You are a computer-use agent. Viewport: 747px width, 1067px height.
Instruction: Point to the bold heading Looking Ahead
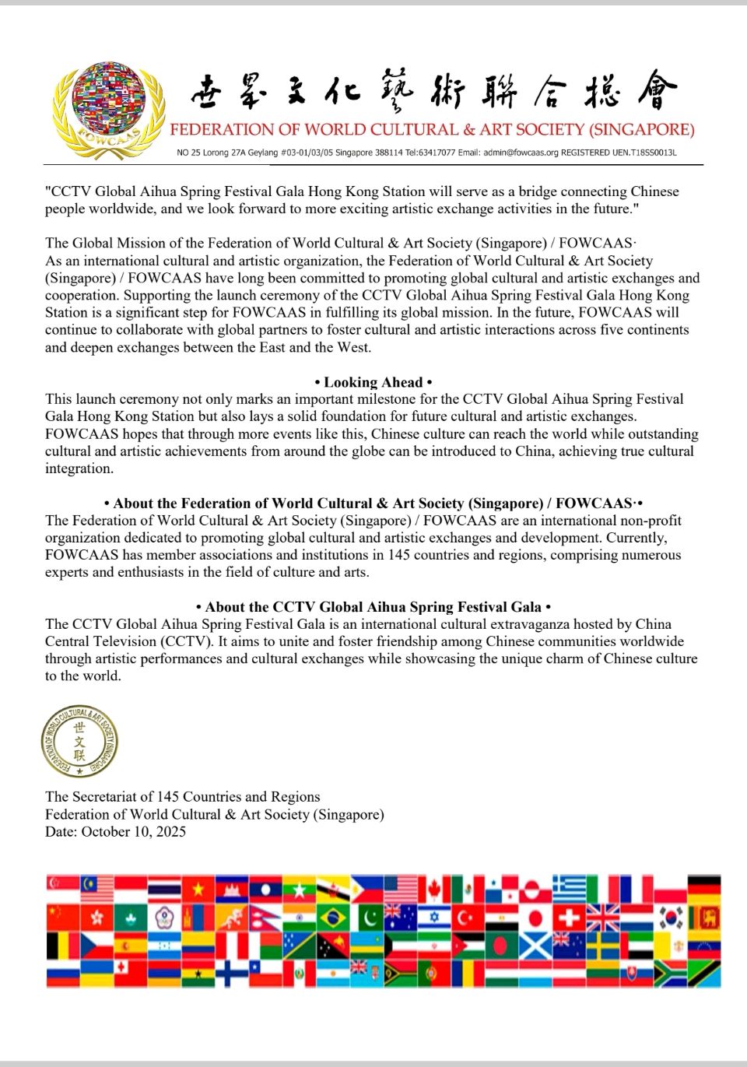tap(373, 382)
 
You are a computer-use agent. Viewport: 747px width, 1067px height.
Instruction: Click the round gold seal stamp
tap(79, 742)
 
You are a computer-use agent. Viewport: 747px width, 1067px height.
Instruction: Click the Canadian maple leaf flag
tap(434, 888)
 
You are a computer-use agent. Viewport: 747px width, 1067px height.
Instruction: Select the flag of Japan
tap(535, 918)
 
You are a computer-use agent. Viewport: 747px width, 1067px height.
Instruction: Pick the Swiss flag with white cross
tap(569, 918)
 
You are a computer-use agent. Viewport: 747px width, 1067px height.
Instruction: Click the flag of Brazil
tap(333, 918)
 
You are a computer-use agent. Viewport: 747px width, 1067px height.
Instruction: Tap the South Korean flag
tap(670, 918)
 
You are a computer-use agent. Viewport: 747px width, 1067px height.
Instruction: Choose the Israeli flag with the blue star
tap(434, 918)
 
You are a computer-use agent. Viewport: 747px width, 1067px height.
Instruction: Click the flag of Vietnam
tap(198, 888)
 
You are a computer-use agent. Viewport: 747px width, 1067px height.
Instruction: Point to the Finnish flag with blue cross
tap(231, 974)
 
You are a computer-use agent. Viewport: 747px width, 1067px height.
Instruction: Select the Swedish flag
tap(603, 946)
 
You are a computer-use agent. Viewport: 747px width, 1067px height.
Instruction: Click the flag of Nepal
tap(265, 918)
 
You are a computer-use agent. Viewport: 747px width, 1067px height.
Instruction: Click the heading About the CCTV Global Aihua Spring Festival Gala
tap(373, 607)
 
